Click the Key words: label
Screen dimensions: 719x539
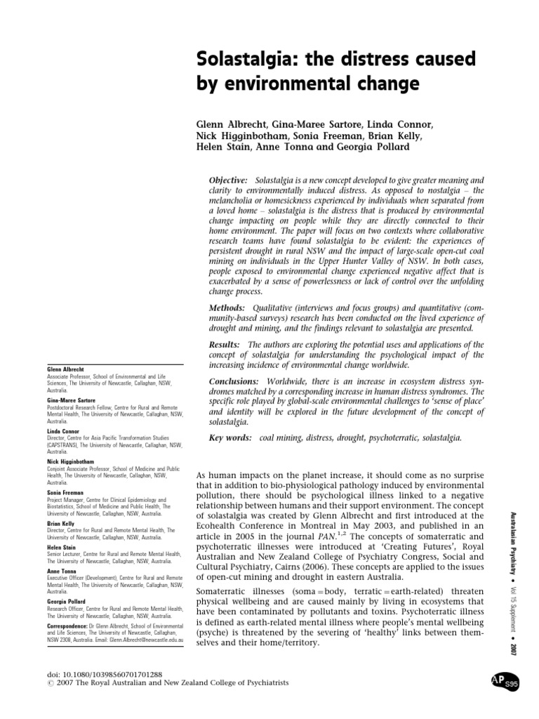pyautogui.click(x=230, y=438)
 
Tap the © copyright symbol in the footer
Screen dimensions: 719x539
pyautogui.click(x=48, y=684)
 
